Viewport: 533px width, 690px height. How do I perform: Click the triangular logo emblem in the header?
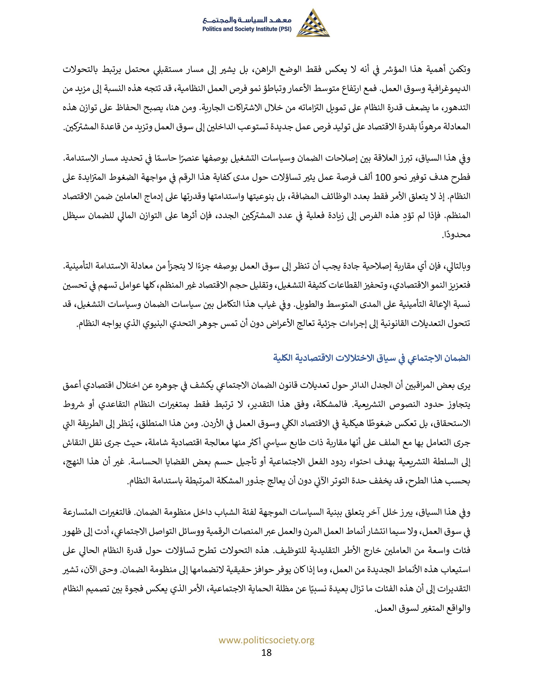click(313, 24)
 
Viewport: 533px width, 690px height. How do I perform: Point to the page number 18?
click(266, 652)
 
